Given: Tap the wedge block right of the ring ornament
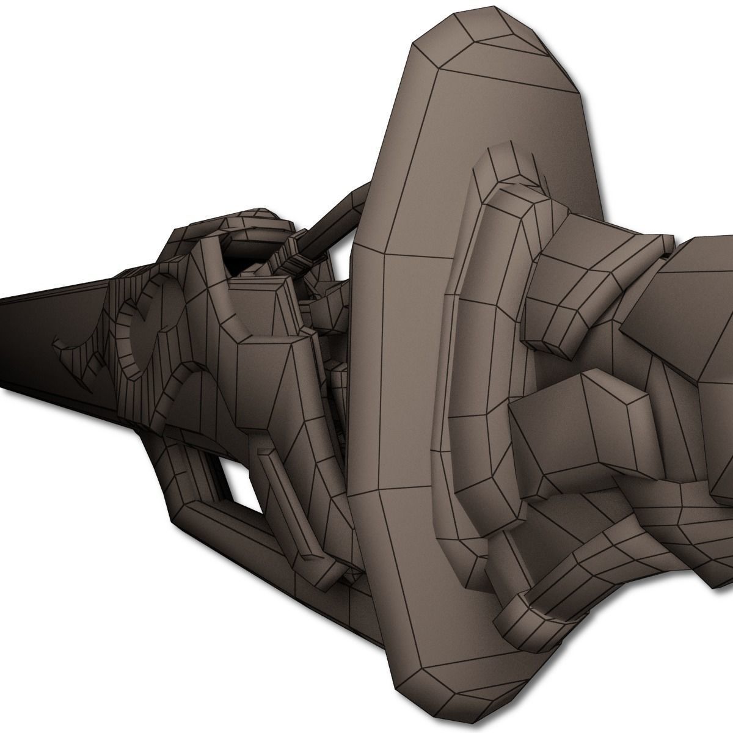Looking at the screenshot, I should click(269, 305).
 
